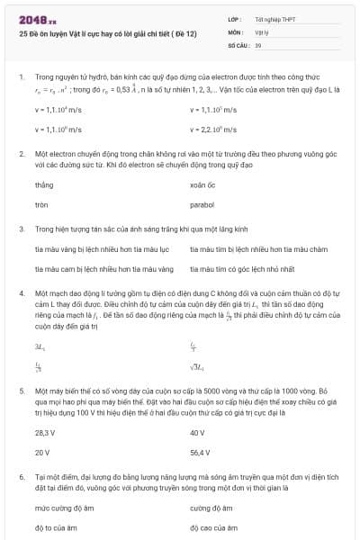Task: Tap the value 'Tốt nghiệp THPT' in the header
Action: [248, 19]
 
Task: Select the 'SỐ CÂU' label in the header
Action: [213, 43]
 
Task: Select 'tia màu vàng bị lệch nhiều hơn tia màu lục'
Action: [95, 247]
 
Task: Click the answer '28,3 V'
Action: [45, 432]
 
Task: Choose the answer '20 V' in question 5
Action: [42, 453]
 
